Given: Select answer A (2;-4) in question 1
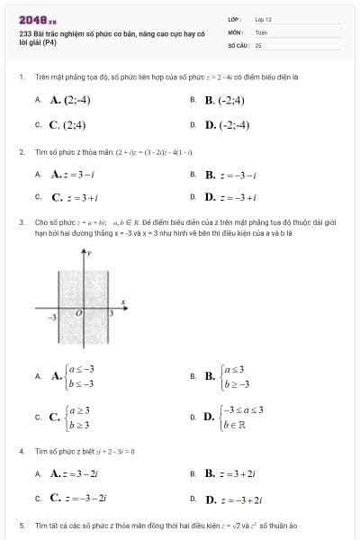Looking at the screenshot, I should pos(71,100).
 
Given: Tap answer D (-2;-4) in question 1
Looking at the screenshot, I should pos(228,125).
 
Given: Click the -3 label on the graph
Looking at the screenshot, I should pos(52,317).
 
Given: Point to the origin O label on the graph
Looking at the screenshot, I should pos(78,313).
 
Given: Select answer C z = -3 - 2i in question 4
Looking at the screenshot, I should pos(80,496).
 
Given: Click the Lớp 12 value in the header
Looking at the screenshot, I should pos(263,18).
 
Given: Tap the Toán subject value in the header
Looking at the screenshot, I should pos(261,31).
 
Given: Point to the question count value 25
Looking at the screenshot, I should pos(258,43).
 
